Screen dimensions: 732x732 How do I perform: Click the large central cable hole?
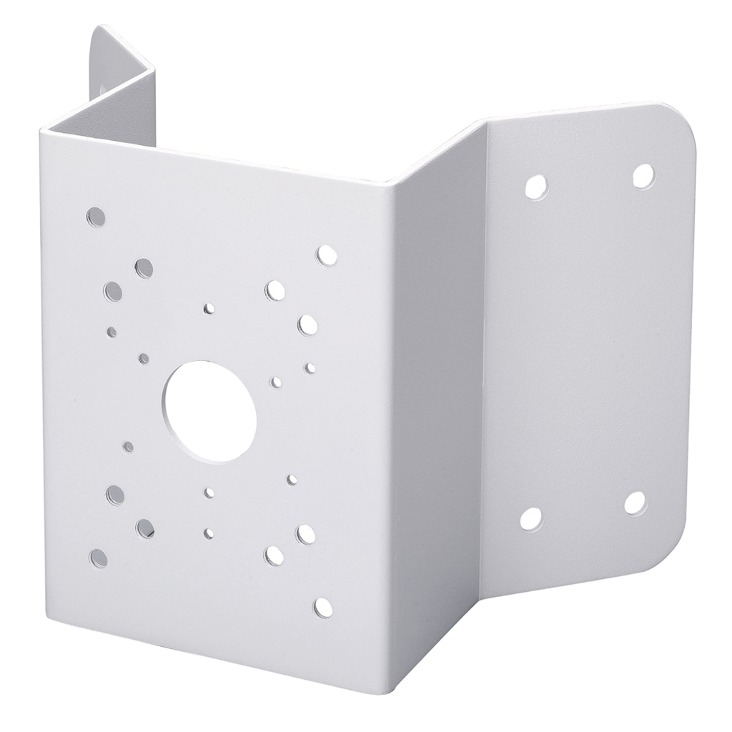(209, 410)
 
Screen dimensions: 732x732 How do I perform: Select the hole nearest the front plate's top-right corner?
(326, 255)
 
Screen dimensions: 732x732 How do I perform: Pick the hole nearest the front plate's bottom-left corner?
(98, 558)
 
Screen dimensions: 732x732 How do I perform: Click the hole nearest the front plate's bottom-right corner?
(323, 608)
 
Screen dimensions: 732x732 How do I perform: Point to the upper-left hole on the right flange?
(535, 187)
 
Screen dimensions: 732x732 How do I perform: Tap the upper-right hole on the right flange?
(642, 176)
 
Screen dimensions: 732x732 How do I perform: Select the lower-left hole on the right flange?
(531, 518)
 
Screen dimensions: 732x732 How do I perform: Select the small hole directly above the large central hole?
(209, 308)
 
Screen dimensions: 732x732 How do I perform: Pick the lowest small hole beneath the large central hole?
(208, 533)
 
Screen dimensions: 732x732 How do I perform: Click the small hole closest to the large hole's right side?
(276, 382)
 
